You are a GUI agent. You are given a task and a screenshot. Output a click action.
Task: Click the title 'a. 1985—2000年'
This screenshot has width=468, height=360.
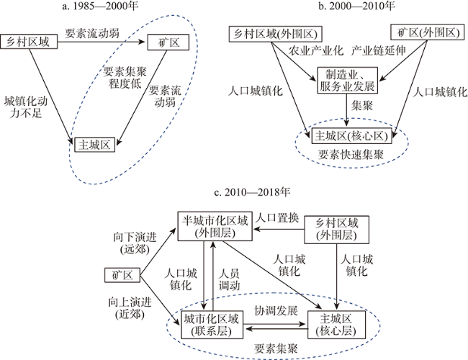point(100,6)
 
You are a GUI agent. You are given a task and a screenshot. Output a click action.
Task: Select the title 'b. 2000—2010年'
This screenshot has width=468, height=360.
point(356,5)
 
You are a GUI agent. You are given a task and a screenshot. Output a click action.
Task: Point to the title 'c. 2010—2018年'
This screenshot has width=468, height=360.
point(252,192)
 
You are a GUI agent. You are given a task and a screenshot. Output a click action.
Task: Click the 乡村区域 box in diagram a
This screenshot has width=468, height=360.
point(29,42)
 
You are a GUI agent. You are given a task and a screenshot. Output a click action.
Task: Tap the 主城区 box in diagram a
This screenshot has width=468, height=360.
point(94,145)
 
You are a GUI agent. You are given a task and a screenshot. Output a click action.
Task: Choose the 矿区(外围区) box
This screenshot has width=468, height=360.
point(428,32)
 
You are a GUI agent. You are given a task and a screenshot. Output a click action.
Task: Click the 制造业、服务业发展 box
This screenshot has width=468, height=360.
point(348,81)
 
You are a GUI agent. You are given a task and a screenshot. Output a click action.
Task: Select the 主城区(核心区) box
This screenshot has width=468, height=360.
point(351,136)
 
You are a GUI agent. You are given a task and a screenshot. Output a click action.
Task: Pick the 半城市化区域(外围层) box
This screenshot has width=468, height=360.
point(215,226)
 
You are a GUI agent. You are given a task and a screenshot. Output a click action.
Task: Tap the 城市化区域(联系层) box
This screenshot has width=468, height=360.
point(212,325)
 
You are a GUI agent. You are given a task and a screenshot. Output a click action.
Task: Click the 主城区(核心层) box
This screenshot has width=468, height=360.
point(336,325)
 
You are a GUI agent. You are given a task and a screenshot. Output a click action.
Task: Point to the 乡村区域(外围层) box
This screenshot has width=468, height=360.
point(336,230)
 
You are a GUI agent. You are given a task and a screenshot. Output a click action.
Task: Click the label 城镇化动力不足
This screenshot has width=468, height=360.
point(26,107)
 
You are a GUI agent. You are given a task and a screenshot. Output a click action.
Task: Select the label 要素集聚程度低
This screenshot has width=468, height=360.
point(125,78)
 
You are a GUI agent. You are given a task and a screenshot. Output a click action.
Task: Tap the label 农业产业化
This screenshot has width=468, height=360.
point(316,50)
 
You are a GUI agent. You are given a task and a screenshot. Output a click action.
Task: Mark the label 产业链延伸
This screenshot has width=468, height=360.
point(379,50)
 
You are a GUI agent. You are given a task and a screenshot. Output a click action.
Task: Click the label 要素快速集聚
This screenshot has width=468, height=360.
point(351,155)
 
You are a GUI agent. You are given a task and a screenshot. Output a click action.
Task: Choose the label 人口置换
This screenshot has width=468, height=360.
point(277,218)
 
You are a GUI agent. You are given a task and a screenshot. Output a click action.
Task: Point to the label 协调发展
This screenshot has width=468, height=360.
point(276,310)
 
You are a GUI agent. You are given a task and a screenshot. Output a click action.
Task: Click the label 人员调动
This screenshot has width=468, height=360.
point(229,279)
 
